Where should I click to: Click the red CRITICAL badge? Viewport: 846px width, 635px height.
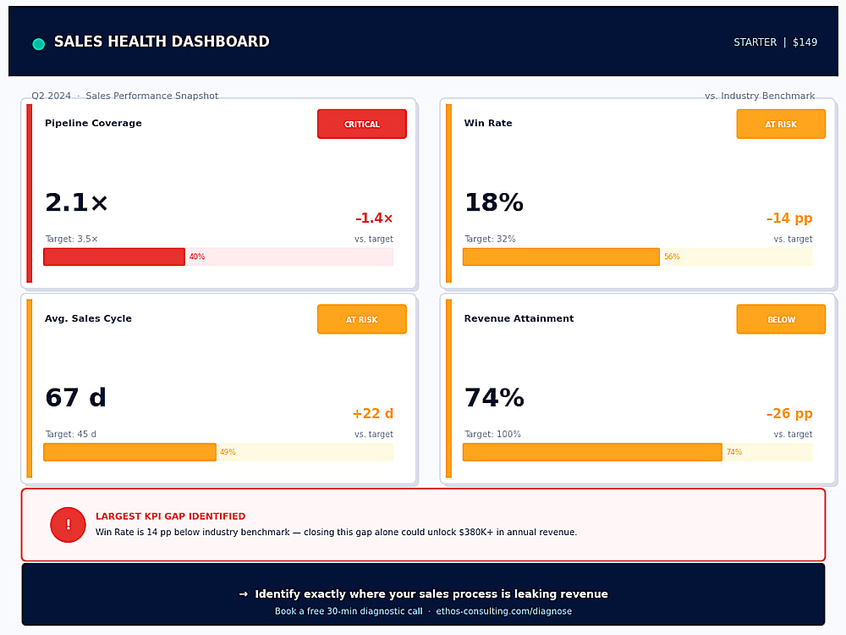click(x=361, y=124)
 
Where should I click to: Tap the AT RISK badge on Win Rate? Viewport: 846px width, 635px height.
click(x=781, y=124)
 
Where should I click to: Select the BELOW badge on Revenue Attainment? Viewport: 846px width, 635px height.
click(x=781, y=319)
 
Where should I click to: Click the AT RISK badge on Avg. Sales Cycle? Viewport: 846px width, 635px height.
click(x=361, y=319)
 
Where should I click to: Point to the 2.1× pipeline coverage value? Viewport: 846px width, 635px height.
click(x=76, y=202)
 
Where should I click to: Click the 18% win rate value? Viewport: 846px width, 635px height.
click(x=494, y=202)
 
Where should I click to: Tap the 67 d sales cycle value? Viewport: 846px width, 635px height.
click(x=75, y=397)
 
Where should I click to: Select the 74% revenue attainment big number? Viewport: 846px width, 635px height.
click(x=494, y=397)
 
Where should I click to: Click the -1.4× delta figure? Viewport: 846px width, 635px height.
click(x=374, y=218)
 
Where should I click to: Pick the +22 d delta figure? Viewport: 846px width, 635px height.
click(x=373, y=414)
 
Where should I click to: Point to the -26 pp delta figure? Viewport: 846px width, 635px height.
click(x=789, y=414)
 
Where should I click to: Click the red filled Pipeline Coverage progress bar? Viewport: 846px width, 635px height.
click(x=114, y=257)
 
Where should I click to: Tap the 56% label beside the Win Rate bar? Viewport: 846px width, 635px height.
click(x=672, y=257)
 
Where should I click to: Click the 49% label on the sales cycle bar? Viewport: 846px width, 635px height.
click(x=227, y=452)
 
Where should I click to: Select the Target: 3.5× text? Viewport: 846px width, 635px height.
click(x=71, y=239)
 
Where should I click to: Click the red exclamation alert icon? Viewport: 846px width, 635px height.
click(x=68, y=524)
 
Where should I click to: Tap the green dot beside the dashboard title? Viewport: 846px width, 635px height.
click(x=38, y=44)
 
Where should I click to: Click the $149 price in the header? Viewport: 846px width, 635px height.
click(x=805, y=42)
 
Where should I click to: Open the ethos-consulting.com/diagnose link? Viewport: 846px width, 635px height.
click(x=504, y=611)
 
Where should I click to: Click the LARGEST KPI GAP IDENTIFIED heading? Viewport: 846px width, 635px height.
click(x=171, y=516)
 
